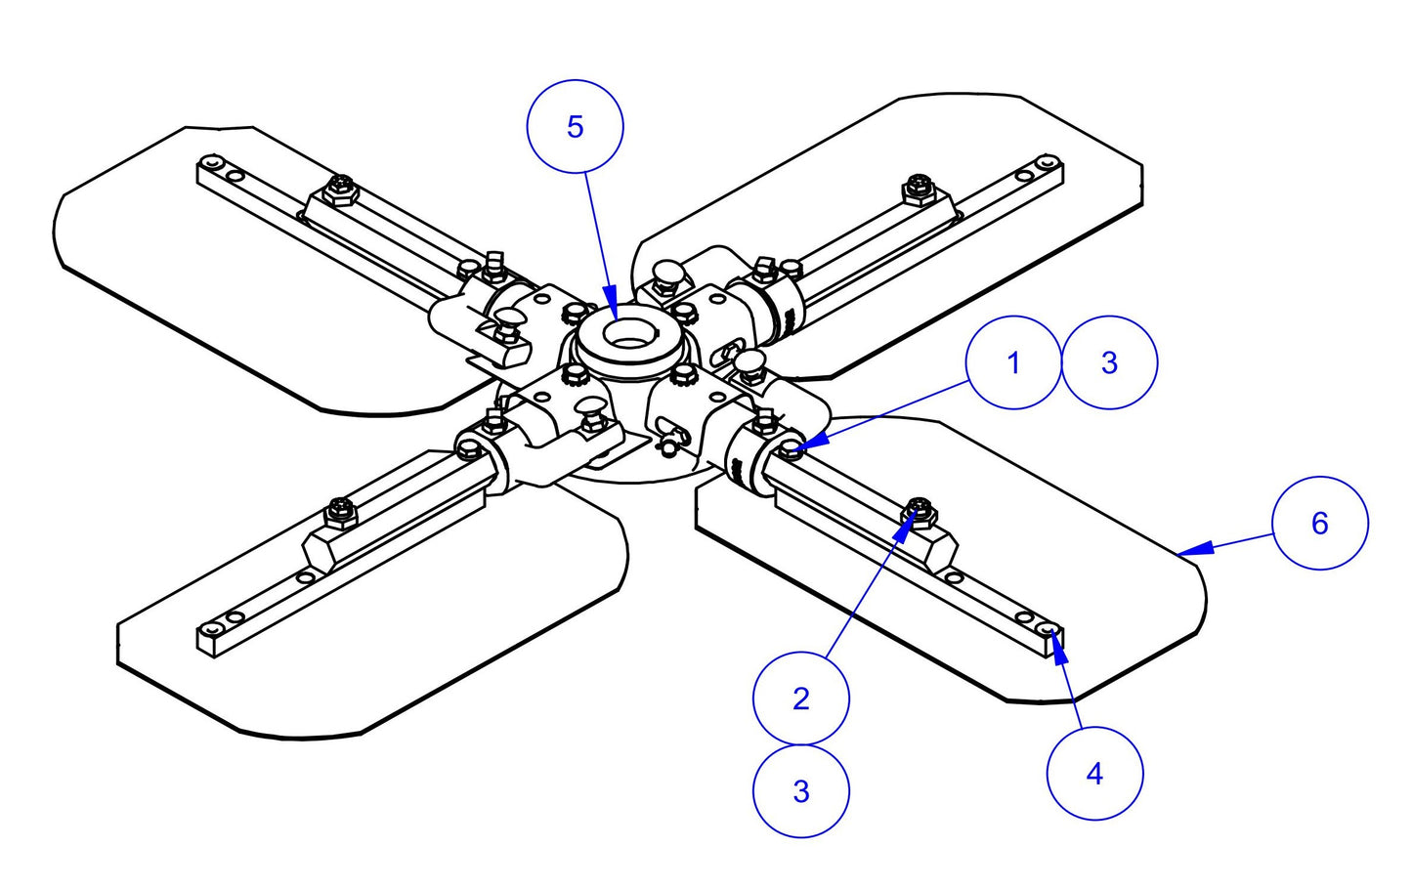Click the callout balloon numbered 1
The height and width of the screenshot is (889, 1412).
[1012, 362]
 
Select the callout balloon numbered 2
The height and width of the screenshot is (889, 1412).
[801, 698]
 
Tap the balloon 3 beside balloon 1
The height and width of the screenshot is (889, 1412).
[1109, 362]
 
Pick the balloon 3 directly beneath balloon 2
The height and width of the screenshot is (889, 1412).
[801, 790]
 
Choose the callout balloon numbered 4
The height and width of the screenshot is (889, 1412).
[1094, 774]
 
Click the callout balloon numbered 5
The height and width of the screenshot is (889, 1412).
[575, 127]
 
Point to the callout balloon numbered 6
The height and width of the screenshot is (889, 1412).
[1320, 523]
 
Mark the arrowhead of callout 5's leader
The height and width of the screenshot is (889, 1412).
[612, 302]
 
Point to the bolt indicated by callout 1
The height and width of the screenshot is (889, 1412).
[790, 449]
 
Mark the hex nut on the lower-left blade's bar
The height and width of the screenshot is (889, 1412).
[341, 508]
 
